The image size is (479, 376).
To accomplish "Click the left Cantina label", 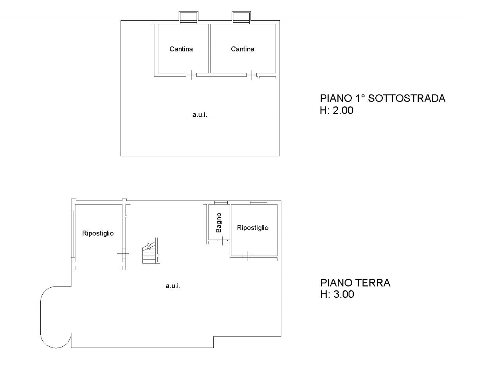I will coord(181,49).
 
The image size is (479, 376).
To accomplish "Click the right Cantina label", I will coord(243,49).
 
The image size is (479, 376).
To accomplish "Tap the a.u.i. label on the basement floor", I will coord(200,115).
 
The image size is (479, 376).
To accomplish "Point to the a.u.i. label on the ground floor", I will coord(173,286).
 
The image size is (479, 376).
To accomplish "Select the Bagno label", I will coord(219,222).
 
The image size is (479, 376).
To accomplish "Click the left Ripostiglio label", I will coord(98,233).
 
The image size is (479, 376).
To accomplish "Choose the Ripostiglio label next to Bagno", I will coord(253,228).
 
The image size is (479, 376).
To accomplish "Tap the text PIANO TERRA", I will coord(355,283).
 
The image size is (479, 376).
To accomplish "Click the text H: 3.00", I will coord(337,295).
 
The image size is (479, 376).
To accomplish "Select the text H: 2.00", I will coord(337,111).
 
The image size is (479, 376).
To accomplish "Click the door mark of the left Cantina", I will coord(191,75).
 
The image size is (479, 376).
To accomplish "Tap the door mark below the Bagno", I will coord(222,241).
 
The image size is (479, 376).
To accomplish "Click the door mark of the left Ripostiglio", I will coord(123,254).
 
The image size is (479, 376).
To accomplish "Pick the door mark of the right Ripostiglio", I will coord(248,256).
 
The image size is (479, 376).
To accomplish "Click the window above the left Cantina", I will coord(189,18).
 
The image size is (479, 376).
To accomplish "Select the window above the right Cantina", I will coord(241,18).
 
